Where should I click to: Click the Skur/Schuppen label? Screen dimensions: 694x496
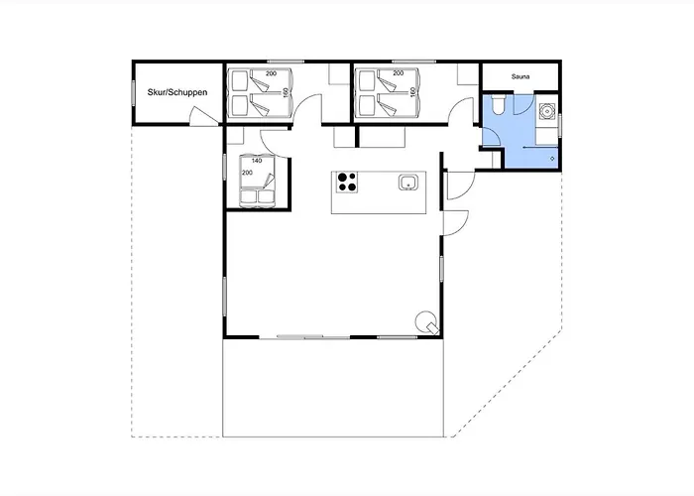coord(177,92)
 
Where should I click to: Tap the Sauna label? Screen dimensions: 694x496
coord(520,76)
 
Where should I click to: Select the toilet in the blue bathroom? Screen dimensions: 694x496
coord(498,104)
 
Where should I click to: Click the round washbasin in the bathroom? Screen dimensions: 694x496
coord(547,111)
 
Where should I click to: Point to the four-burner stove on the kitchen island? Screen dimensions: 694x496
coord(347,182)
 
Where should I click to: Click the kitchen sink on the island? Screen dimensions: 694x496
coord(408,182)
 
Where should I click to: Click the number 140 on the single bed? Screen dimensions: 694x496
coord(257,161)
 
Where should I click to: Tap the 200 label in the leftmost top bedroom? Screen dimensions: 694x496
coord(272,73)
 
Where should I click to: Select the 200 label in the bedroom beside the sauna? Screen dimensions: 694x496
coord(399,73)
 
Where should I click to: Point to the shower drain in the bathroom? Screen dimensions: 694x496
coord(552,158)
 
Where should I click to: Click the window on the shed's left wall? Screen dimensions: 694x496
coord(133,92)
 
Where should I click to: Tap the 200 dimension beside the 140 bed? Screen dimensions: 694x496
coord(247,173)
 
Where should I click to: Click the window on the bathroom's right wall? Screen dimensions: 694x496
coord(560,126)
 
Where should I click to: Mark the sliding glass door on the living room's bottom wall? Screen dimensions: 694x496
coord(313,337)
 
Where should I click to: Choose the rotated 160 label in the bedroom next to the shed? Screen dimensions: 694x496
coord(286,92)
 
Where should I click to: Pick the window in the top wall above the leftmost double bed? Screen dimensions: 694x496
coord(286,62)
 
